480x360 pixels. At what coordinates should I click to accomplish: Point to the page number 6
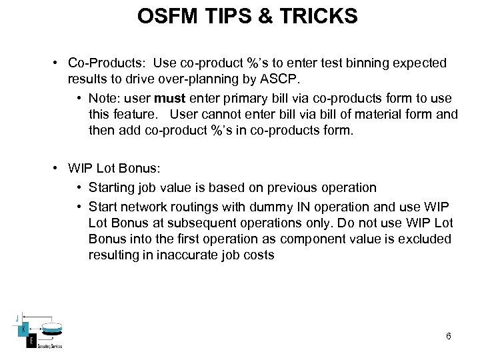[x=448, y=336]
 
